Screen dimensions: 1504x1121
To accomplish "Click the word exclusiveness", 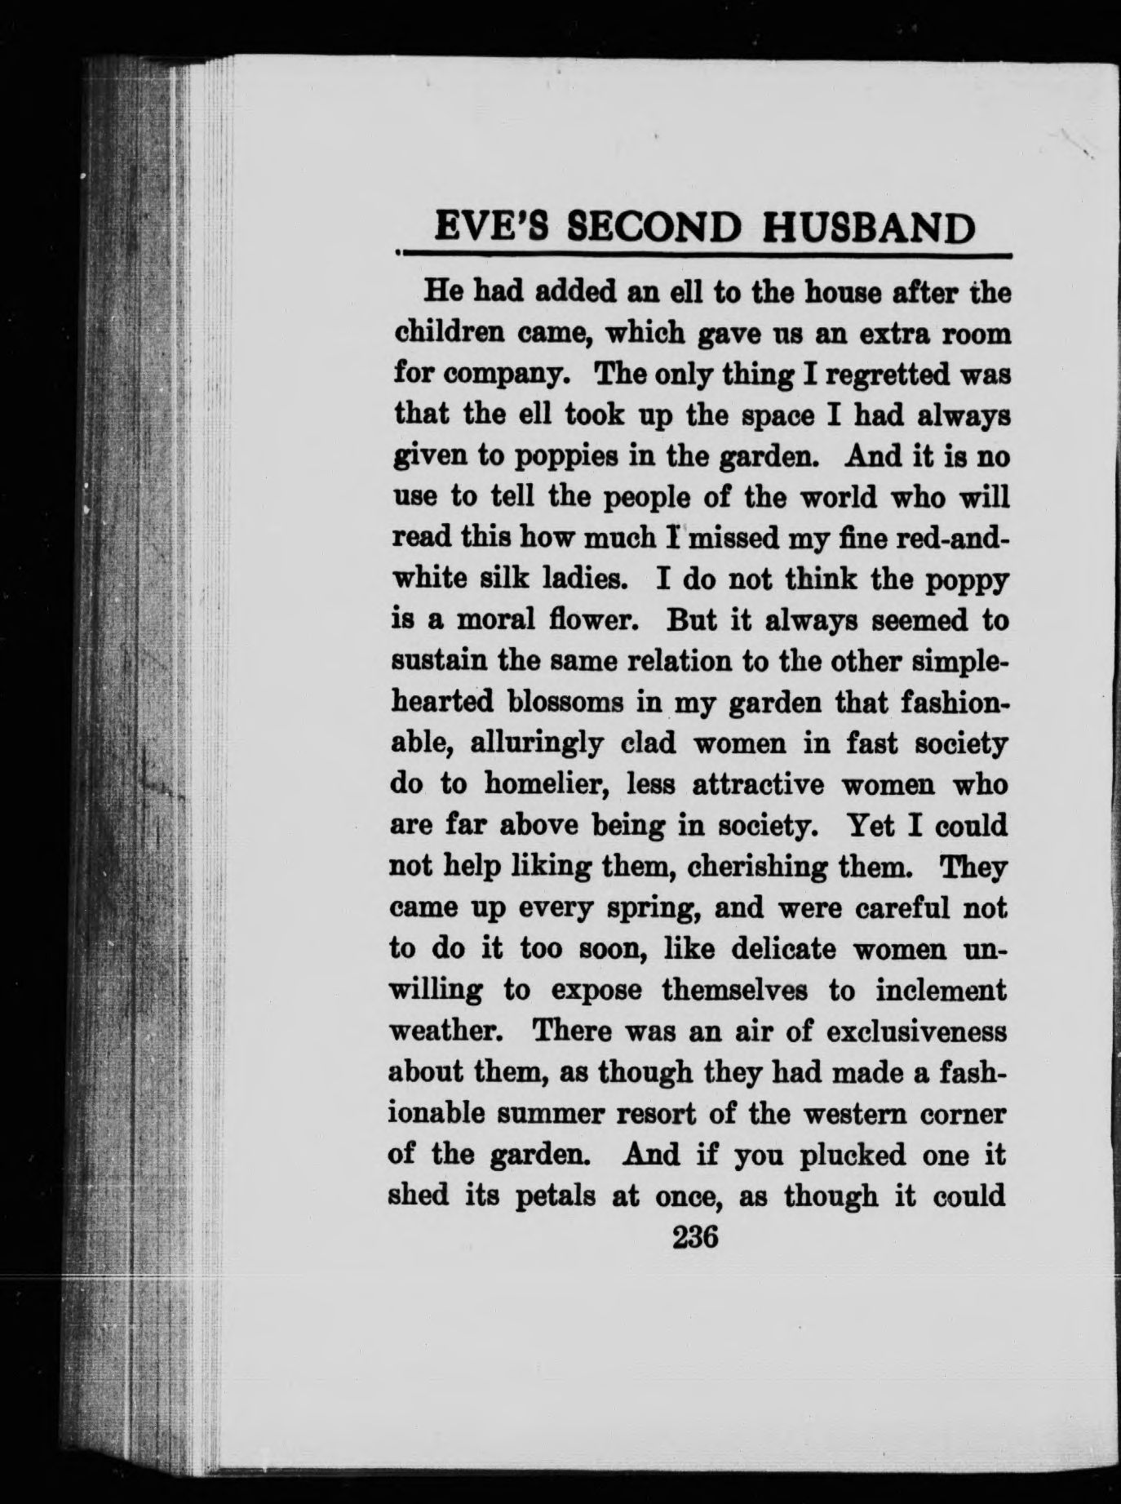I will click(916, 1032).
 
